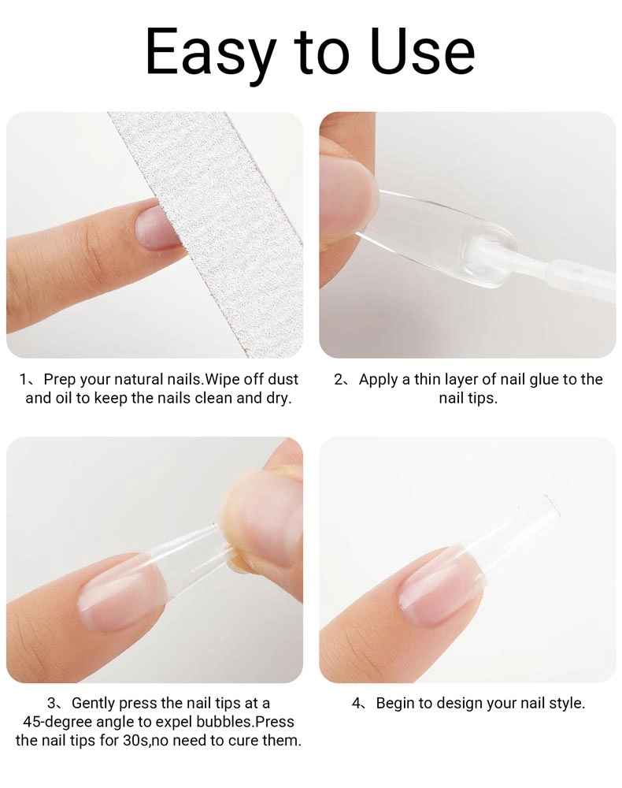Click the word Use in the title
click(x=422, y=51)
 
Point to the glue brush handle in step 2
click(x=577, y=278)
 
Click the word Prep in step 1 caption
click(x=60, y=380)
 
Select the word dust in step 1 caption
click(x=283, y=379)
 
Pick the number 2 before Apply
click(x=339, y=380)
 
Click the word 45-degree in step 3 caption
click(x=57, y=722)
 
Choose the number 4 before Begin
click(x=357, y=703)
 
